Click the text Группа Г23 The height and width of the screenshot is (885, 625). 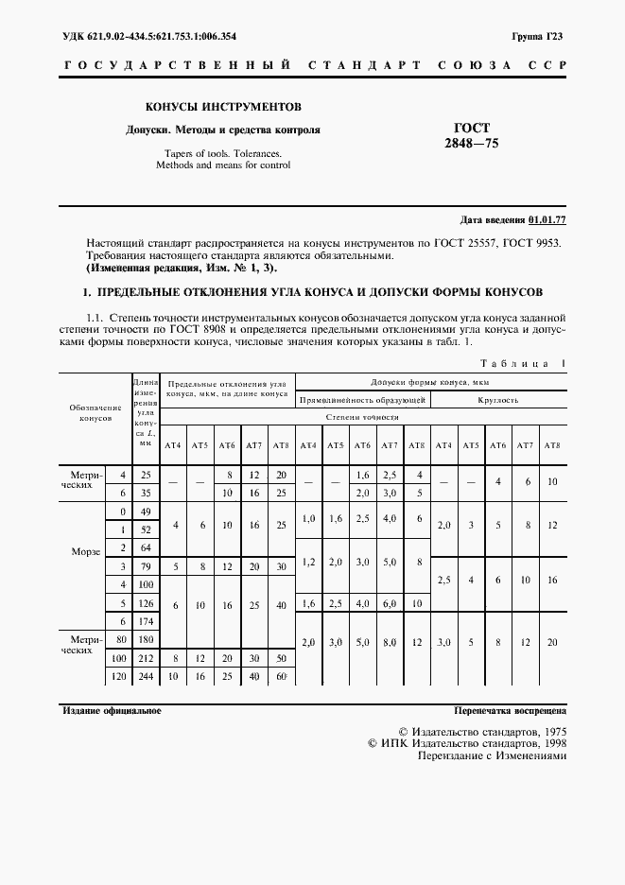pos(537,37)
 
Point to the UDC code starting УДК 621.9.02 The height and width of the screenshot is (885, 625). pos(149,37)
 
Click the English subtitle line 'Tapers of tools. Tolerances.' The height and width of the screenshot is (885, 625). pos(223,152)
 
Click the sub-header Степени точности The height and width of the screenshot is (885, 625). pos(362,417)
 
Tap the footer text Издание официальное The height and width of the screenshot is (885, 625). pos(112,709)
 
